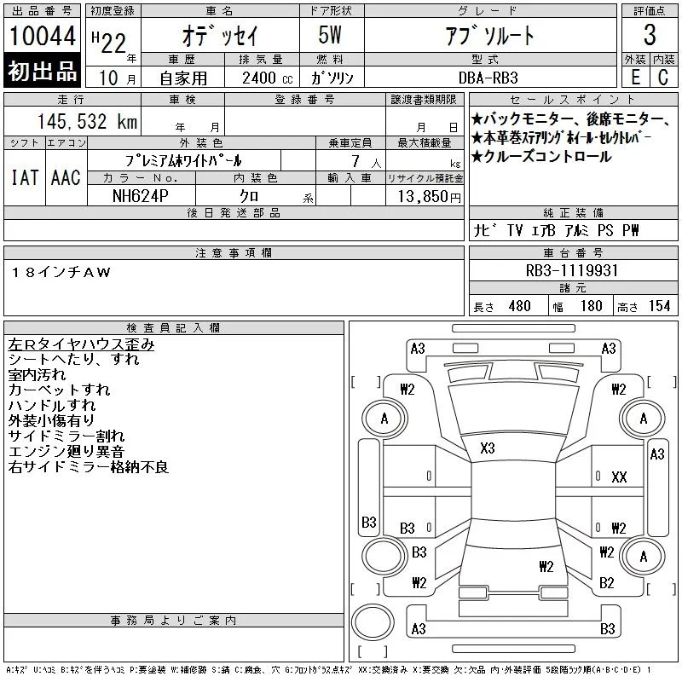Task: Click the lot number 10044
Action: click(x=42, y=36)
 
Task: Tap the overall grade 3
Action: click(x=650, y=35)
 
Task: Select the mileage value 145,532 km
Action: click(x=87, y=121)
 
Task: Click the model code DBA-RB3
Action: click(x=488, y=78)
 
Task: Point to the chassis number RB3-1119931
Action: click(x=571, y=270)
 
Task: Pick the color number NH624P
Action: click(x=140, y=196)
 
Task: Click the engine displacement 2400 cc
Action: click(x=267, y=78)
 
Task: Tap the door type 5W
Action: click(x=330, y=35)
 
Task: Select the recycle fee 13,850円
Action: click(x=429, y=197)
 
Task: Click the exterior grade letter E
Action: click(x=635, y=78)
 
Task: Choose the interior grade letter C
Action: click(x=663, y=78)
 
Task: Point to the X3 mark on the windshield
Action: click(x=488, y=448)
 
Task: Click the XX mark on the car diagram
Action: click(x=619, y=477)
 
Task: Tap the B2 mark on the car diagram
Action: click(x=606, y=582)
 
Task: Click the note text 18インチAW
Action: click(x=61, y=272)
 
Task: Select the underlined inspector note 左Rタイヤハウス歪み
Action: click(x=81, y=344)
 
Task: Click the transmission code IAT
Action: click(x=25, y=177)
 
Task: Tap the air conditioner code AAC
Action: click(x=66, y=177)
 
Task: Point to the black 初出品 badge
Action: click(x=42, y=71)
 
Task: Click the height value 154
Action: click(x=659, y=306)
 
